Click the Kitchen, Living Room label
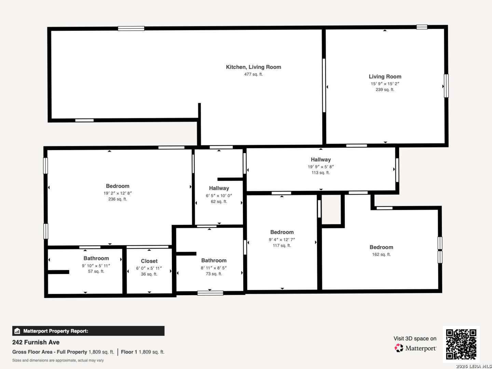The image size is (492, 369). pyautogui.click(x=253, y=67)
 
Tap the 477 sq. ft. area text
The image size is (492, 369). pyautogui.click(x=253, y=74)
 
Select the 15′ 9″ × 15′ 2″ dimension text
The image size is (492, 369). pyautogui.click(x=385, y=84)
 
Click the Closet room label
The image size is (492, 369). pyautogui.click(x=149, y=261)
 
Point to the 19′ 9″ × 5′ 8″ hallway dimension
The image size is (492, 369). pyautogui.click(x=320, y=167)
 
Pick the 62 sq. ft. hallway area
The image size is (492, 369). pyautogui.click(x=219, y=202)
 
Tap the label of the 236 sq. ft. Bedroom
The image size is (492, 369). pyautogui.click(x=118, y=186)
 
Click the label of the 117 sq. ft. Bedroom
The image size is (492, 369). pyautogui.click(x=282, y=232)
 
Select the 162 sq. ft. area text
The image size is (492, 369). pyautogui.click(x=381, y=255)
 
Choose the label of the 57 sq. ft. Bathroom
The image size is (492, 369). pyautogui.click(x=96, y=259)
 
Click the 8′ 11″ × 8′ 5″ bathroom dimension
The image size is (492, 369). pyautogui.click(x=214, y=268)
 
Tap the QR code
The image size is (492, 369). pyautogui.click(x=461, y=344)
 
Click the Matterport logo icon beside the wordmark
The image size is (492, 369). pyautogui.click(x=399, y=348)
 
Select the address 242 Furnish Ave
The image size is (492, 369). pyautogui.click(x=36, y=342)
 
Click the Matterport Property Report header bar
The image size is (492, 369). pyautogui.click(x=88, y=331)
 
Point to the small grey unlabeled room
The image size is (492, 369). pyautogui.click(x=331, y=209)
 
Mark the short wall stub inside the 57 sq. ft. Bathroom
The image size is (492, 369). pyautogui.click(x=58, y=272)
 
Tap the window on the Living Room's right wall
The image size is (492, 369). pyautogui.click(x=446, y=86)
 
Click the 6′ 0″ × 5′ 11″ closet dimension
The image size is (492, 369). pyautogui.click(x=149, y=268)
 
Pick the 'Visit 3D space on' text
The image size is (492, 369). pyautogui.click(x=415, y=339)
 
